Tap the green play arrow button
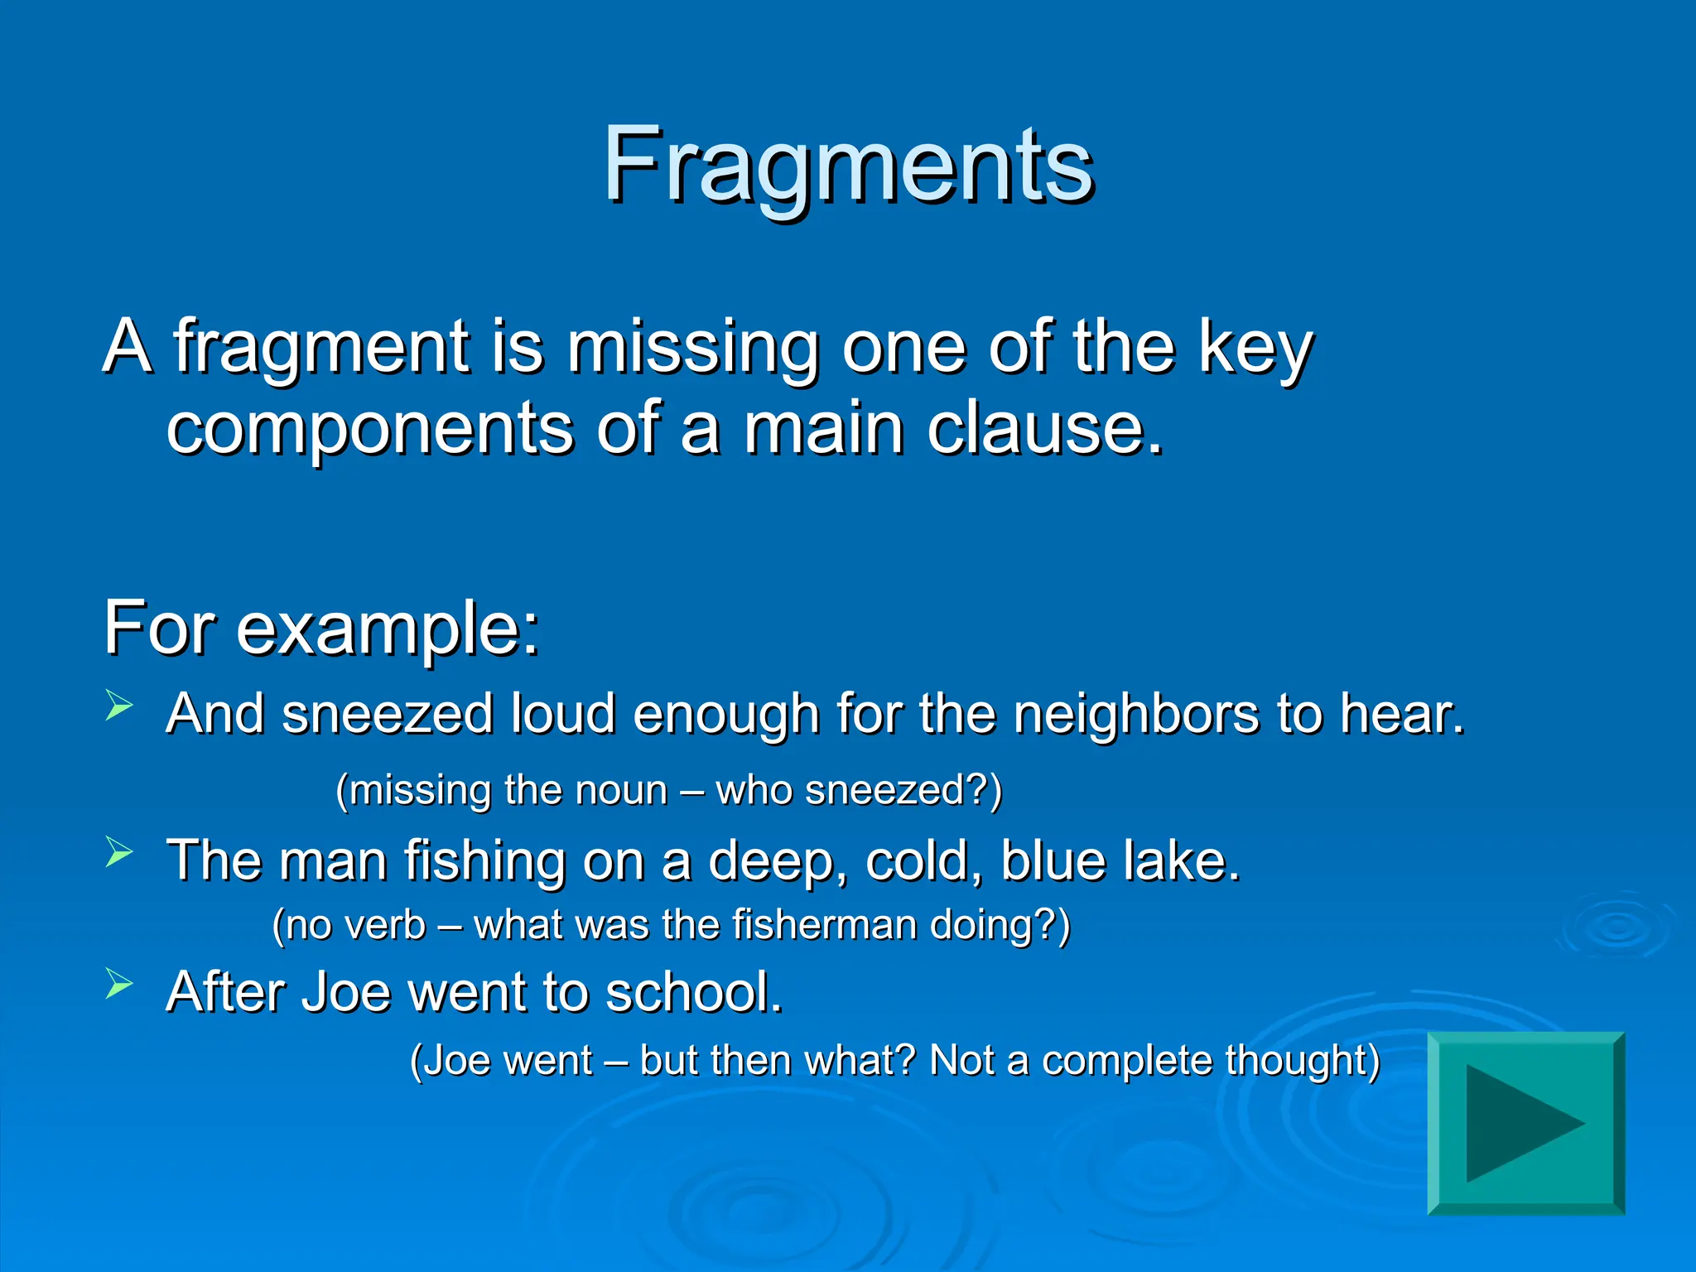[x=1525, y=1124]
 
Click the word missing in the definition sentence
[x=691, y=348]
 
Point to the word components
[x=369, y=431]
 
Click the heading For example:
[x=321, y=629]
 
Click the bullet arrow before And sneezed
[x=119, y=706]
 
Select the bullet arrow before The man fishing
[x=119, y=852]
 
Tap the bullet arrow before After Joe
[x=119, y=985]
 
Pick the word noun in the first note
[x=620, y=790]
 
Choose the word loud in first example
[x=562, y=714]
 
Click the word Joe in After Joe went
[x=345, y=992]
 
